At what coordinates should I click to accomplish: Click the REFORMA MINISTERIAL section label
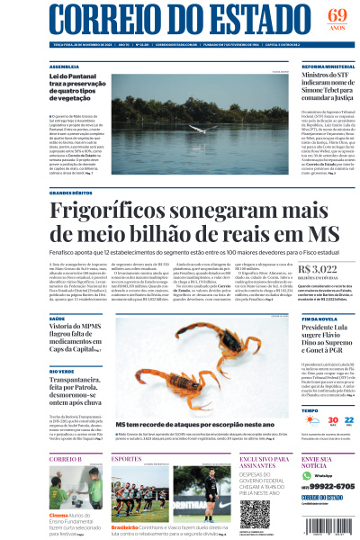pos(328,67)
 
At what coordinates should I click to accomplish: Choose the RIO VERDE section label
pos(62,370)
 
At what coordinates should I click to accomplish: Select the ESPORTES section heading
pos(127,459)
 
